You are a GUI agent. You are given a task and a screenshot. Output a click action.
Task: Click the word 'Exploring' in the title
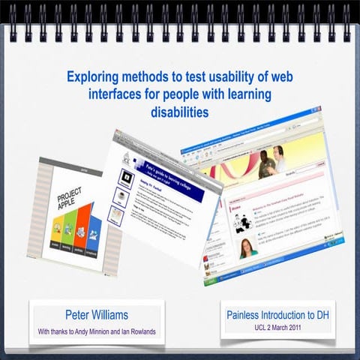91,76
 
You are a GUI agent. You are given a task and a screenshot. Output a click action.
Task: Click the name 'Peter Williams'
97,313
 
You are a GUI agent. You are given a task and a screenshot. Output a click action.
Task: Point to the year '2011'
309,329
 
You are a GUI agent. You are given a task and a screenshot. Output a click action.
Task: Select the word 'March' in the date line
285,329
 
